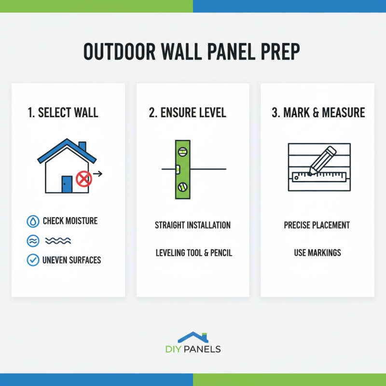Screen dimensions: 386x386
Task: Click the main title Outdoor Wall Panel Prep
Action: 193,52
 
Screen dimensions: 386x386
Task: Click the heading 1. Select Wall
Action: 63,113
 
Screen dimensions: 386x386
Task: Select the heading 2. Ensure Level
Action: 187,113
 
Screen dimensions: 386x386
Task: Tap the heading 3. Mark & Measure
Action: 318,113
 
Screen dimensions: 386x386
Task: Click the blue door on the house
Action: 67,184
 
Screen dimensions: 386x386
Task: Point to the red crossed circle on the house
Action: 84,179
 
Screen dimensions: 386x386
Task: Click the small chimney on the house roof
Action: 82,146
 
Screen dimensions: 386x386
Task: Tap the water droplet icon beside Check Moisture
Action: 33,221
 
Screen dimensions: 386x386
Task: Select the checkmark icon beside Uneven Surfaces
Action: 33,260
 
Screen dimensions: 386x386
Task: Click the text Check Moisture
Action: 70,221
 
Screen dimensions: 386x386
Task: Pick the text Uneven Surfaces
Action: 72,260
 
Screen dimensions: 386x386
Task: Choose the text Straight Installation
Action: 193,225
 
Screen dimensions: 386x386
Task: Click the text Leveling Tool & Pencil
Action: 194,253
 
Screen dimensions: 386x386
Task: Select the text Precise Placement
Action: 317,225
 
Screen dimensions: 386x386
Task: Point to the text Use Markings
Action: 317,253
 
